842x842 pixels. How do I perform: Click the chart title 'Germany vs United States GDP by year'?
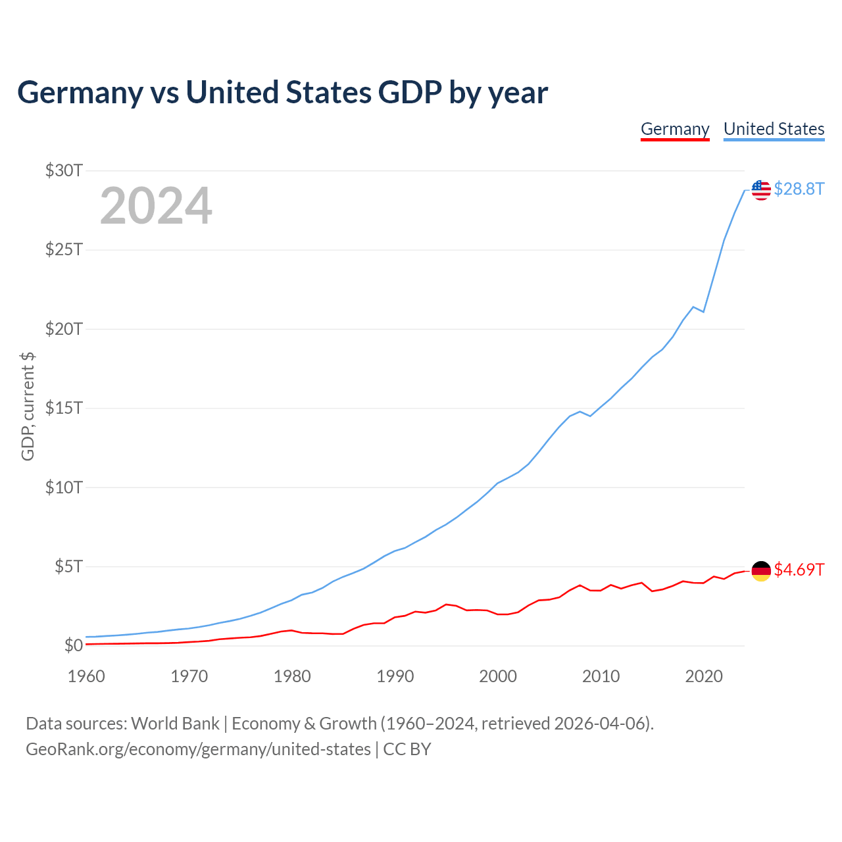282,93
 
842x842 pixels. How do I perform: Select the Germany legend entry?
675,129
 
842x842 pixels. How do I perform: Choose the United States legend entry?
774,129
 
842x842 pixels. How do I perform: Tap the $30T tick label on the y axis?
64,171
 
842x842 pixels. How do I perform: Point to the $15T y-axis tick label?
64,408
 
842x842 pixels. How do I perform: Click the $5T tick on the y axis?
68,566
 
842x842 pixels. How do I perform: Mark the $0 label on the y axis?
73,645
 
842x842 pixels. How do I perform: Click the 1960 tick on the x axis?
86,676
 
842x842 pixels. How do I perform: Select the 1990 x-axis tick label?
395,676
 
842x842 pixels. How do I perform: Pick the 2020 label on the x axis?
704,676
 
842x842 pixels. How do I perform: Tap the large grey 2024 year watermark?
156,206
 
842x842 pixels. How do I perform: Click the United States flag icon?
761,189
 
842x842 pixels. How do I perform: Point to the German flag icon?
761,570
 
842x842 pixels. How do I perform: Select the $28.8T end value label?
799,189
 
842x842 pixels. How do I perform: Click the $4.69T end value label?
799,570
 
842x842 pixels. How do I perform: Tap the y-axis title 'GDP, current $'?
28,407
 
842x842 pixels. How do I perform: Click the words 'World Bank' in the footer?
175,724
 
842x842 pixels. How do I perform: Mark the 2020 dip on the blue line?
704,311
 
